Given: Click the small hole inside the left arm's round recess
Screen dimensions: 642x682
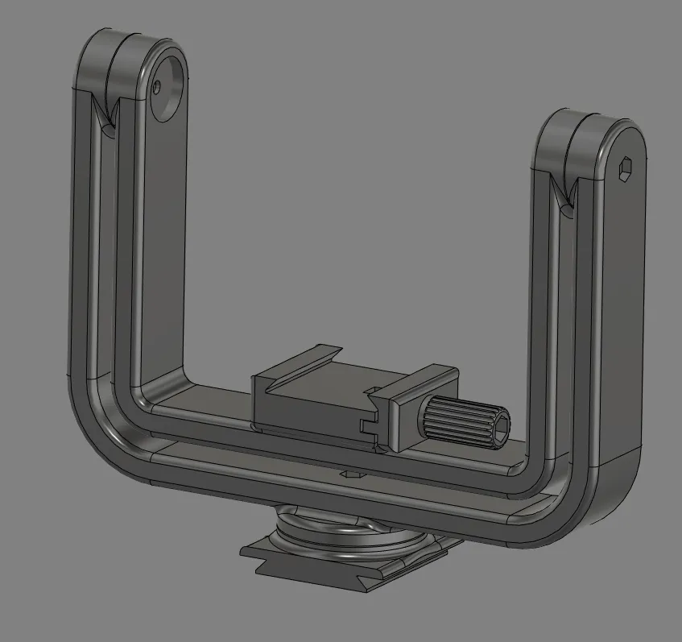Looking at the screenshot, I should pos(159,85).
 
